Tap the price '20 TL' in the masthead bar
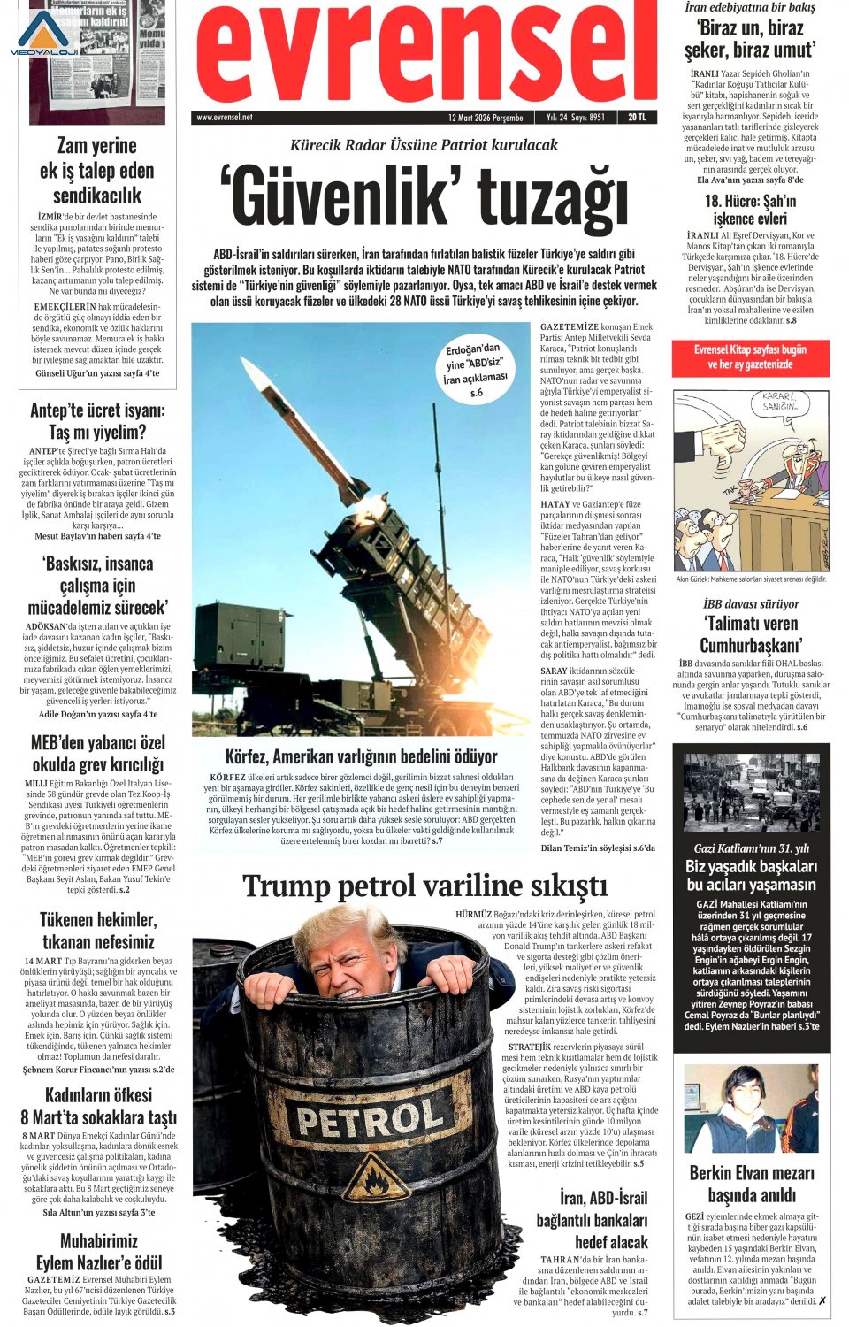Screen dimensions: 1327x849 point(637,117)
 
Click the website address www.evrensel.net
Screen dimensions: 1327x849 point(225,117)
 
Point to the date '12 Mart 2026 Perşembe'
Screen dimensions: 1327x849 point(486,117)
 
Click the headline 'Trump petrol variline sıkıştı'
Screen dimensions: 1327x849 point(424,886)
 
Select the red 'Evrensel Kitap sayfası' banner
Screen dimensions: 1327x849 point(750,357)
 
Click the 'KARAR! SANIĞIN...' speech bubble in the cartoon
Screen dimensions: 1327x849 point(781,403)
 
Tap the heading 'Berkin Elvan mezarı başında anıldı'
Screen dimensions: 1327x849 point(752,1184)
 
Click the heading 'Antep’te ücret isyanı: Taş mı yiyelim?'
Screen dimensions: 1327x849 point(97,421)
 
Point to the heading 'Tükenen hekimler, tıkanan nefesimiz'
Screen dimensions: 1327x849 point(98,931)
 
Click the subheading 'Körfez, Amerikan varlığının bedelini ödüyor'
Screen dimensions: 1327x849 point(361,756)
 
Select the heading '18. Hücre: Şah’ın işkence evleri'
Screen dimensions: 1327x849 point(750,210)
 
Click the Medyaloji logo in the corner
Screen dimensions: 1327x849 point(44,34)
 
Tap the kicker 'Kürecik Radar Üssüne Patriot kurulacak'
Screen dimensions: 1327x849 point(424,145)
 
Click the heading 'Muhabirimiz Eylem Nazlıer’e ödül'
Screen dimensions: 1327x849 point(98,1252)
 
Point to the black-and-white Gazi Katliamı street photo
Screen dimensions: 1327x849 point(752,793)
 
